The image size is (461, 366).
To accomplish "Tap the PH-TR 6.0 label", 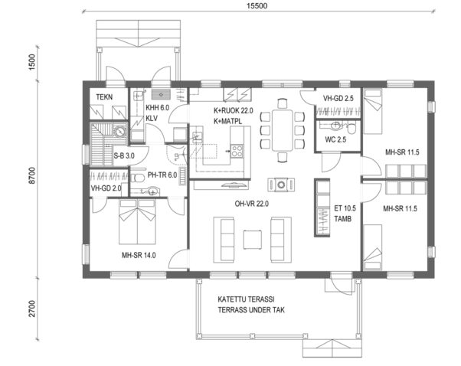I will click(162, 175).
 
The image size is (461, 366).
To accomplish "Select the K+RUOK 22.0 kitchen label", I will click(232, 110).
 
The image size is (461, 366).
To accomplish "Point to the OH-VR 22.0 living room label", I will click(250, 203).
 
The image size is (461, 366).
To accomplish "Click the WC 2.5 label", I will click(335, 139).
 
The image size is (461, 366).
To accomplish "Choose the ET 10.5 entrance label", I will click(346, 208).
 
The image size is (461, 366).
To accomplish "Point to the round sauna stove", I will click(121, 131).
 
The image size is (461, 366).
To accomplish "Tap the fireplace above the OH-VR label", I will click(281, 184).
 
